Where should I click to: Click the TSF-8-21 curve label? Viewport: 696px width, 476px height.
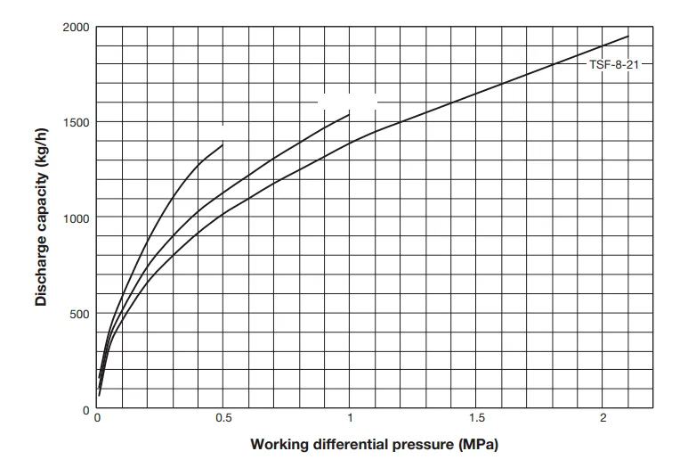click(x=614, y=65)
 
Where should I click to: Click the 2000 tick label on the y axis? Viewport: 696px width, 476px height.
click(x=76, y=28)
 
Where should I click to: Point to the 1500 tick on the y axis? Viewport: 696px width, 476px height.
click(x=76, y=122)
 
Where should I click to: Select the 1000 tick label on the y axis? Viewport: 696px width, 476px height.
click(x=76, y=217)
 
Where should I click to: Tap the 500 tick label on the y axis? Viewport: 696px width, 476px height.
click(x=79, y=313)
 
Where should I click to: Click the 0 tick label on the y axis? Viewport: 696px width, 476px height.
click(x=86, y=410)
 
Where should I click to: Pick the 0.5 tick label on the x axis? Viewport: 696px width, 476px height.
click(x=223, y=419)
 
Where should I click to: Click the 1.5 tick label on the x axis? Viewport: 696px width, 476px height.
click(x=476, y=419)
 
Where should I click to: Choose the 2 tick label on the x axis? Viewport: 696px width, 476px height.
click(x=603, y=419)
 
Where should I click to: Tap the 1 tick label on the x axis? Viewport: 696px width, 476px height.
click(x=350, y=419)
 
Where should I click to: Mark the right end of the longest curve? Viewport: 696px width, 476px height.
click(x=628, y=37)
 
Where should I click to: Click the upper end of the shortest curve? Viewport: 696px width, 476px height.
click(x=223, y=143)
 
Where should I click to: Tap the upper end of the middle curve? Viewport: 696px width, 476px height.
click(x=350, y=114)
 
